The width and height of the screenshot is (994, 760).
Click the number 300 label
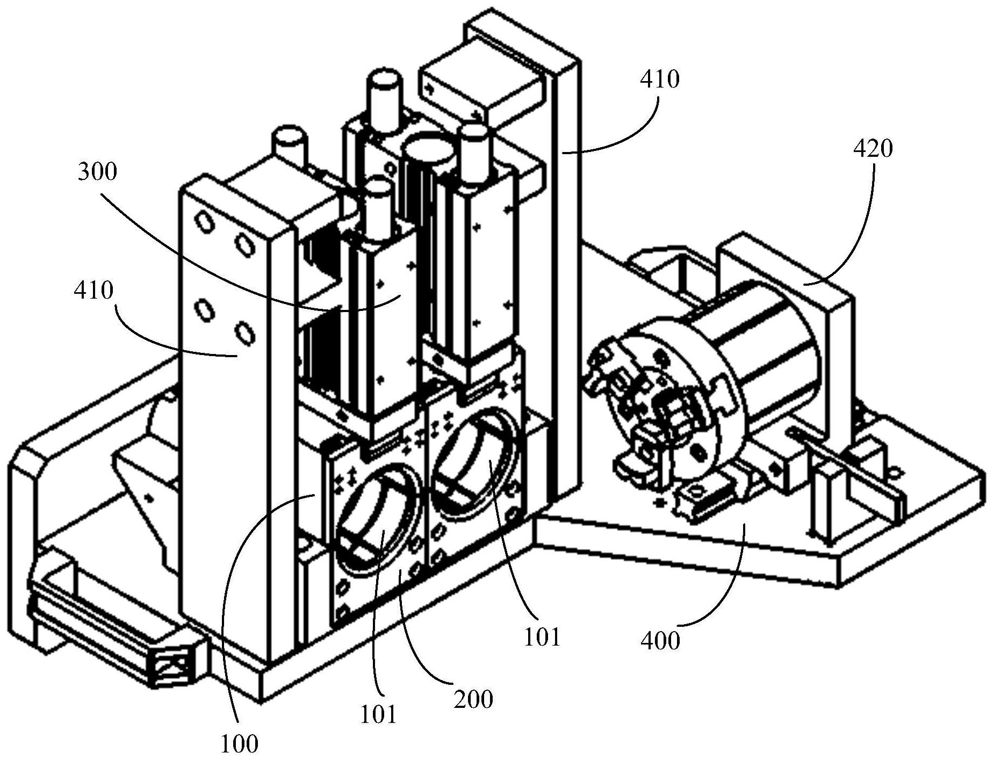click(x=97, y=172)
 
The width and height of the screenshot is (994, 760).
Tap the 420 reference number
click(x=873, y=148)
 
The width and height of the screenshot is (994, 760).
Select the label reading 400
click(x=661, y=640)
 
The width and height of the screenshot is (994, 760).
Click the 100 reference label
click(x=239, y=744)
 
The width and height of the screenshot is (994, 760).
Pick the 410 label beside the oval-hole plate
click(x=94, y=290)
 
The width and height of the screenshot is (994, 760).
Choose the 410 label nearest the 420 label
click(x=660, y=79)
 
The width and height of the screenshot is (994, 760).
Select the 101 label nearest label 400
click(x=543, y=636)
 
